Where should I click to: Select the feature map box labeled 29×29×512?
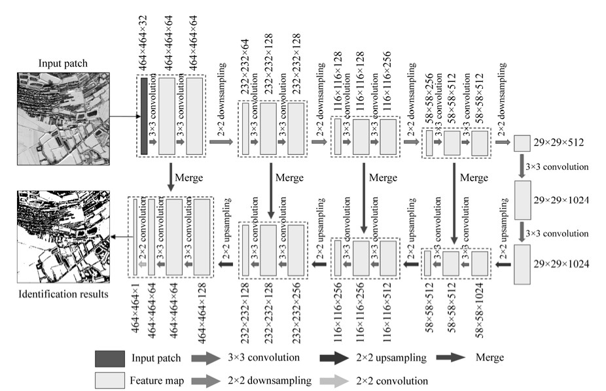pyautogui.click(x=522, y=143)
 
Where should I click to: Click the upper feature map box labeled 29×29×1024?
pyautogui.click(x=522, y=200)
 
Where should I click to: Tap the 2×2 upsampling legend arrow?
pyautogui.click(x=334, y=358)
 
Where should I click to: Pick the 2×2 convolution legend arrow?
pyautogui.click(x=334, y=379)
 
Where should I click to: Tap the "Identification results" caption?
pyautogui.click(x=63, y=294)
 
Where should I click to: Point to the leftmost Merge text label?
pyautogui.click(x=190, y=177)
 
